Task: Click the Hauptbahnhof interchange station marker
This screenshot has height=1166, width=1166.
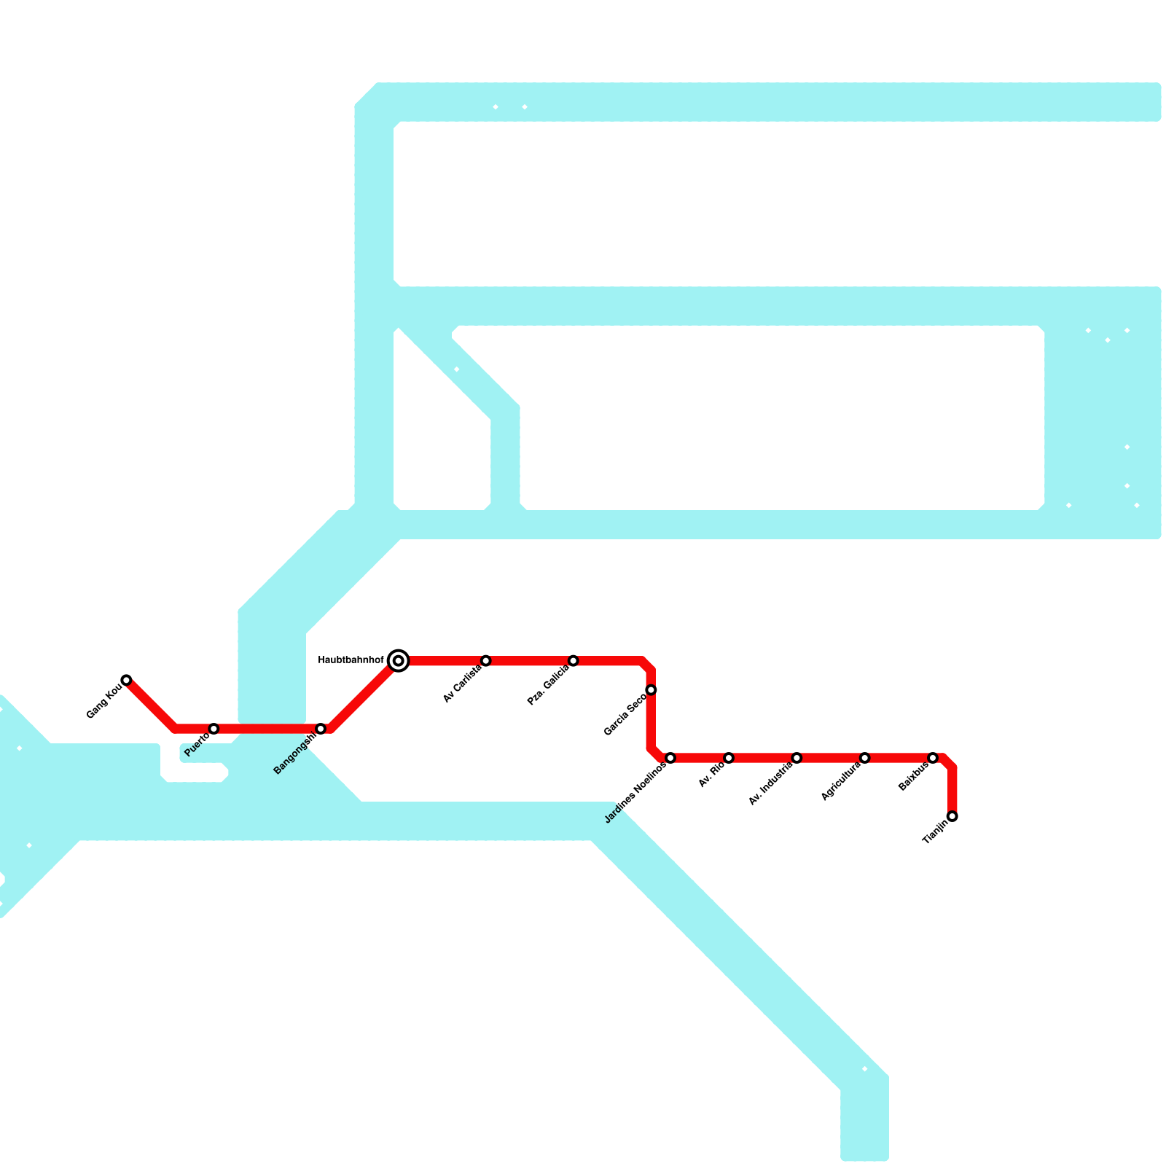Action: [399, 661]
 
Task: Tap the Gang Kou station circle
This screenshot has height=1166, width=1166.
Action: [127, 680]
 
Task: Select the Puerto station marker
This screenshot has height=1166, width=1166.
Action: [214, 729]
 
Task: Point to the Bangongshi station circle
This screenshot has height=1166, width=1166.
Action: [321, 729]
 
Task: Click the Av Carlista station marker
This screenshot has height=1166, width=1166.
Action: [486, 661]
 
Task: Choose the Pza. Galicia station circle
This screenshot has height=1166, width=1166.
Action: [574, 661]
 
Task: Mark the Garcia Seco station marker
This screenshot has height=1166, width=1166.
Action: [652, 690]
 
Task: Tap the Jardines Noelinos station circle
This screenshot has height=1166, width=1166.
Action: [670, 758]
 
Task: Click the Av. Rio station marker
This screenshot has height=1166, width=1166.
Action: [729, 758]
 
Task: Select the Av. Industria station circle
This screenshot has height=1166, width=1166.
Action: [797, 758]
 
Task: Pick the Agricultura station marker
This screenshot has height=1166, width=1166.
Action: [865, 758]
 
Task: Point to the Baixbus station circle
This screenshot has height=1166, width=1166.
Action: [933, 758]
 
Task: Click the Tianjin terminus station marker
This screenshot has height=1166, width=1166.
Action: [952, 816]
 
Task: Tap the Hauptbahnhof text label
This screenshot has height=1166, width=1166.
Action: [351, 661]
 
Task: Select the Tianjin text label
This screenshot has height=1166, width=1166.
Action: [935, 832]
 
